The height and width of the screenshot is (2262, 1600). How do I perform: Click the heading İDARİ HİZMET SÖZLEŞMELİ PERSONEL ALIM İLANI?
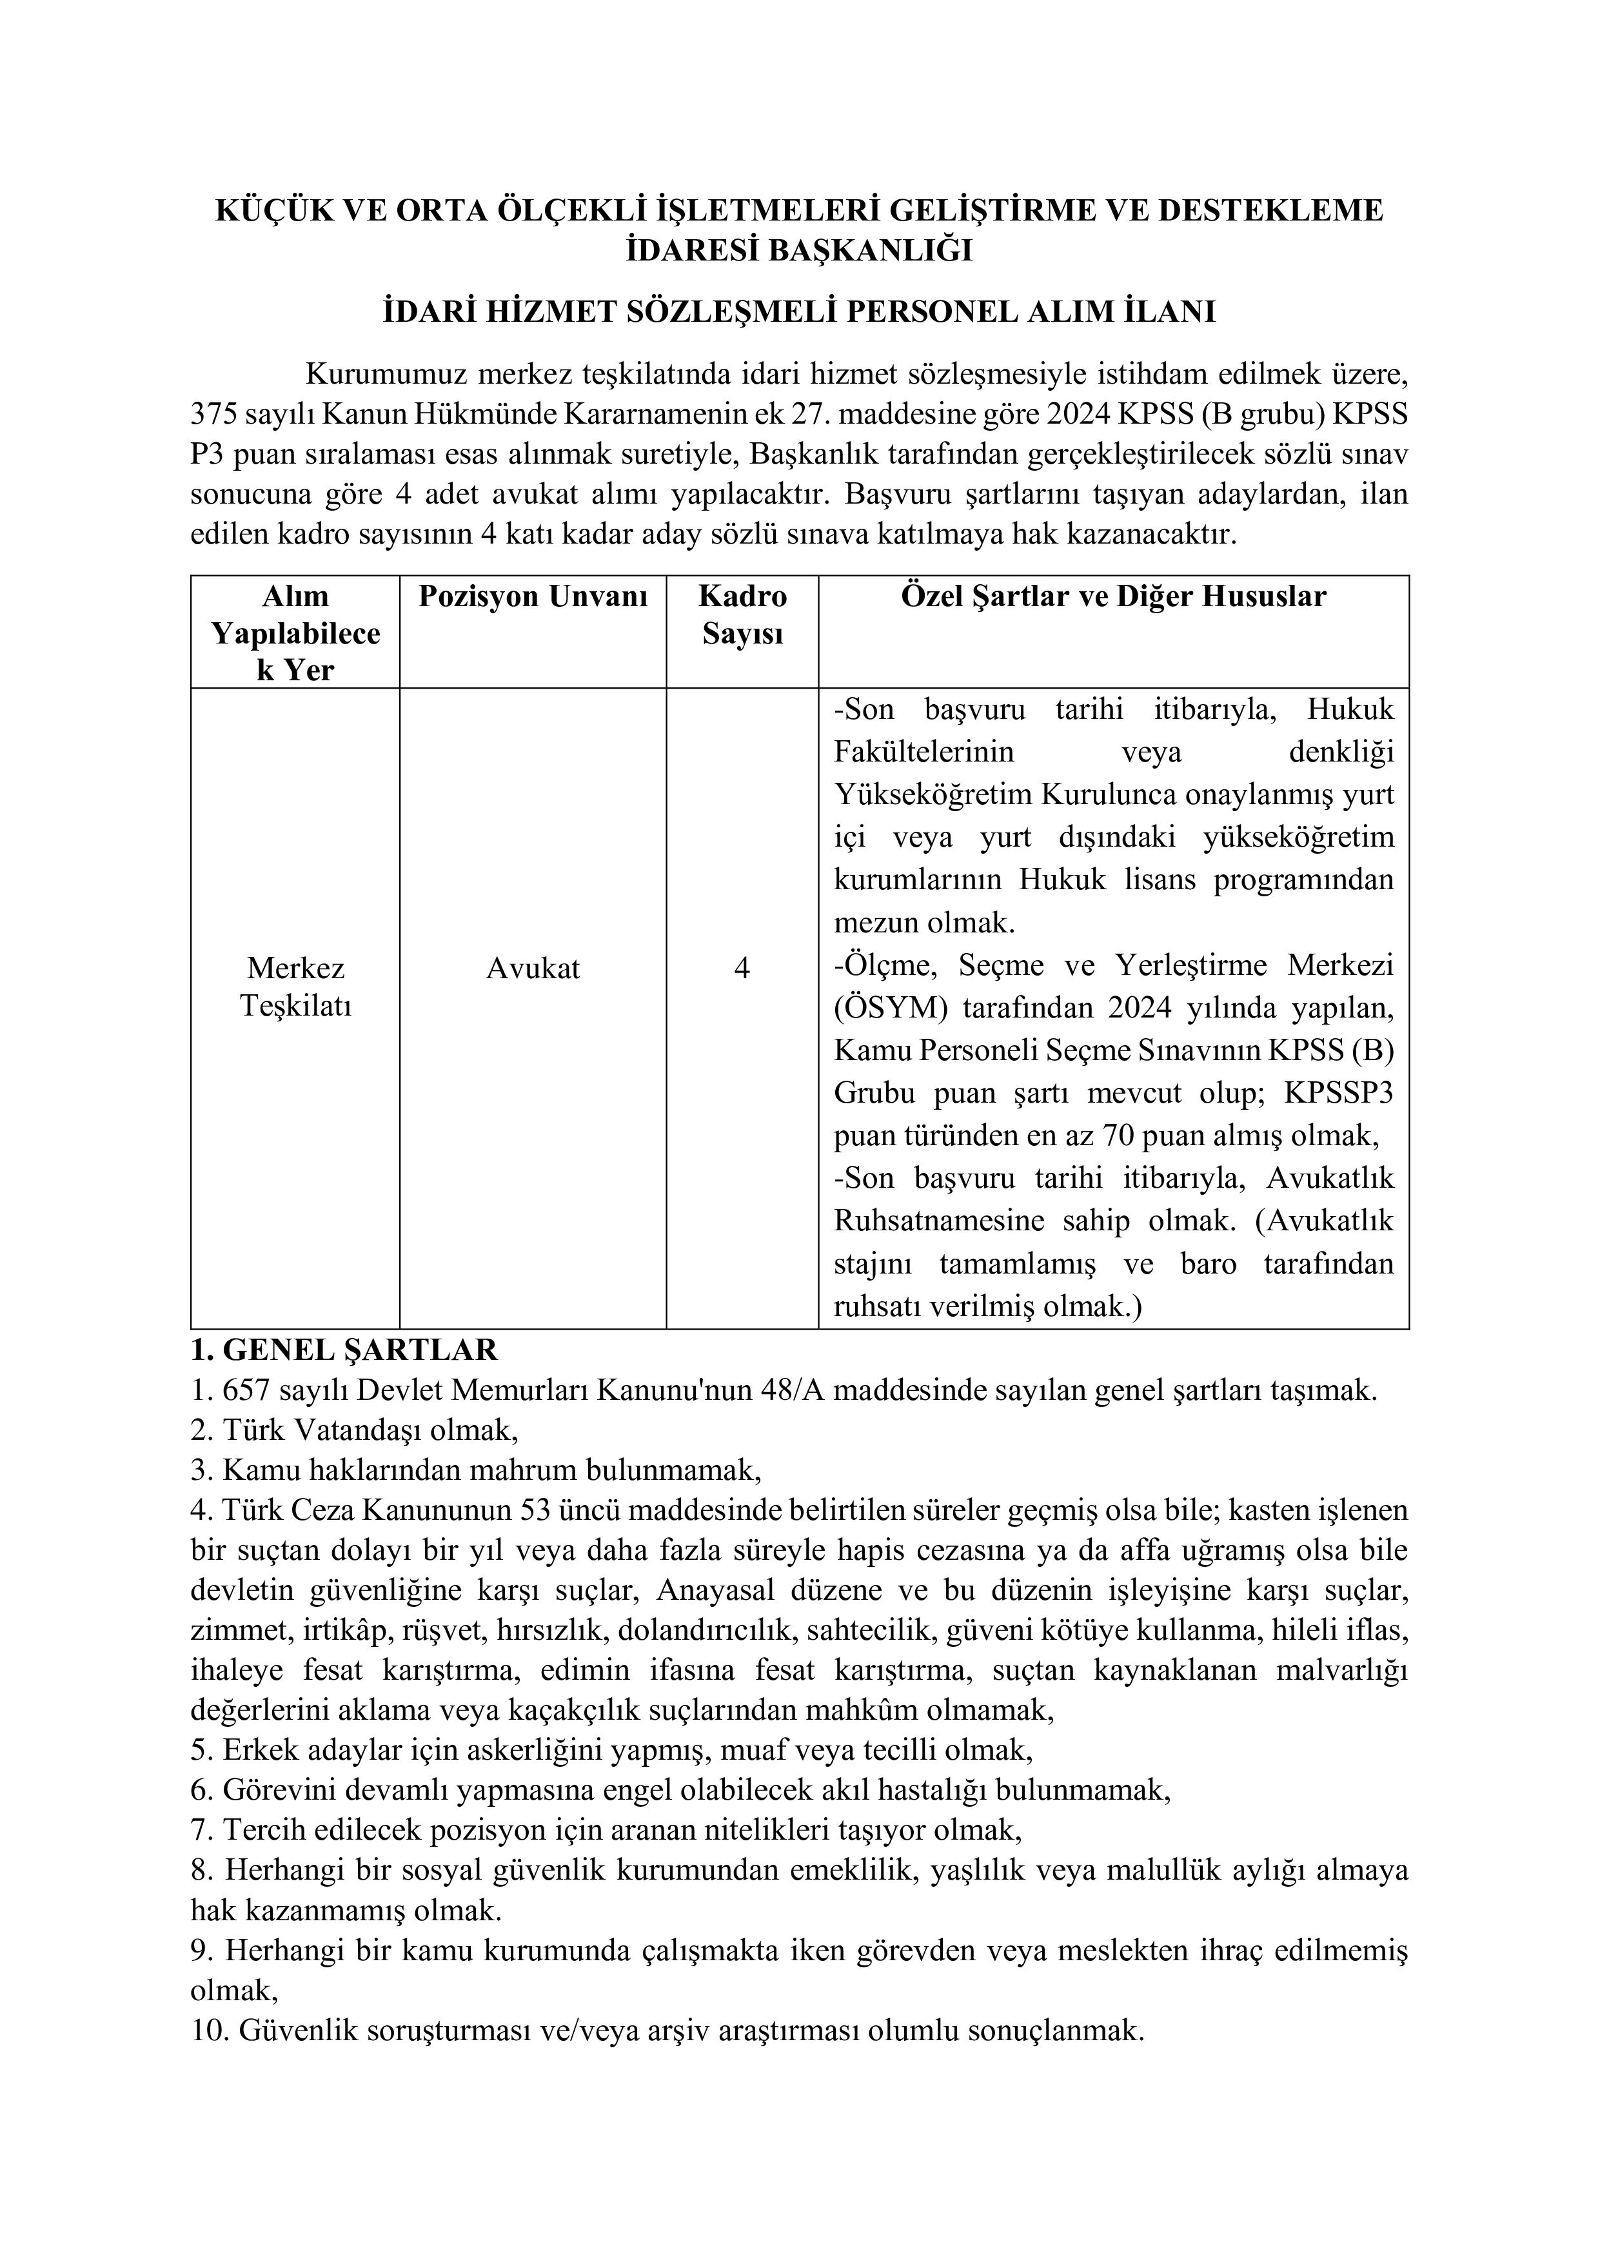pos(799,311)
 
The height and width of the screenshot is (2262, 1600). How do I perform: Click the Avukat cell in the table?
pos(533,969)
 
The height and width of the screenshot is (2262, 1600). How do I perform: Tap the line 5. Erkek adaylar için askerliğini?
pos(611,1751)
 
